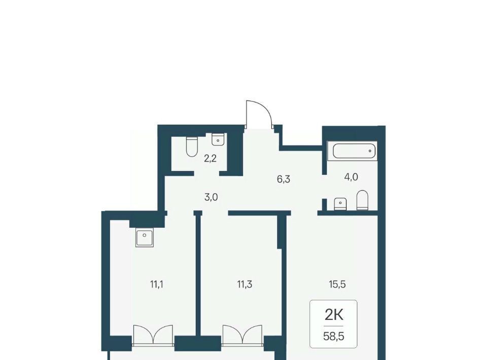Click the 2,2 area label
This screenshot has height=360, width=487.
pyautogui.click(x=210, y=159)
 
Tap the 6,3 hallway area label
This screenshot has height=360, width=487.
pyautogui.click(x=283, y=179)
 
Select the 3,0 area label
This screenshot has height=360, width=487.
pyautogui.click(x=211, y=197)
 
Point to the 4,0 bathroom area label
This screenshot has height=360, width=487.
pyautogui.click(x=351, y=177)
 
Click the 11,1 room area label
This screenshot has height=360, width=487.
pyautogui.click(x=157, y=284)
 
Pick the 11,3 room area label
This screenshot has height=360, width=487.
pyautogui.click(x=245, y=284)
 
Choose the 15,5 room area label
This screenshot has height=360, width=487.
pyautogui.click(x=337, y=284)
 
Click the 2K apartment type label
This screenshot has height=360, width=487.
pyautogui.click(x=334, y=315)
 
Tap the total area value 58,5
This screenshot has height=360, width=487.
pyautogui.click(x=334, y=336)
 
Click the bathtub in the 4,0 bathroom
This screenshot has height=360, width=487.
pyautogui.click(x=353, y=151)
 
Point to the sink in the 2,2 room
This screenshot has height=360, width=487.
pyautogui.click(x=218, y=139)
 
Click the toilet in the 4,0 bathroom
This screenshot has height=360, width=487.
pyautogui.click(x=362, y=200)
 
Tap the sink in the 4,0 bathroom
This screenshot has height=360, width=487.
pyautogui.click(x=340, y=204)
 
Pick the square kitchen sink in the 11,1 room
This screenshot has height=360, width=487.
pyautogui.click(x=145, y=238)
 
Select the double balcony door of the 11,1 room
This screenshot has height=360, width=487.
pyautogui.click(x=153, y=335)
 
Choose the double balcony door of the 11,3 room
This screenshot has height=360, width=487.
pyautogui.click(x=242, y=335)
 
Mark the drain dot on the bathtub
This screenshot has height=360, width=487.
pyautogui.click(x=370, y=151)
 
